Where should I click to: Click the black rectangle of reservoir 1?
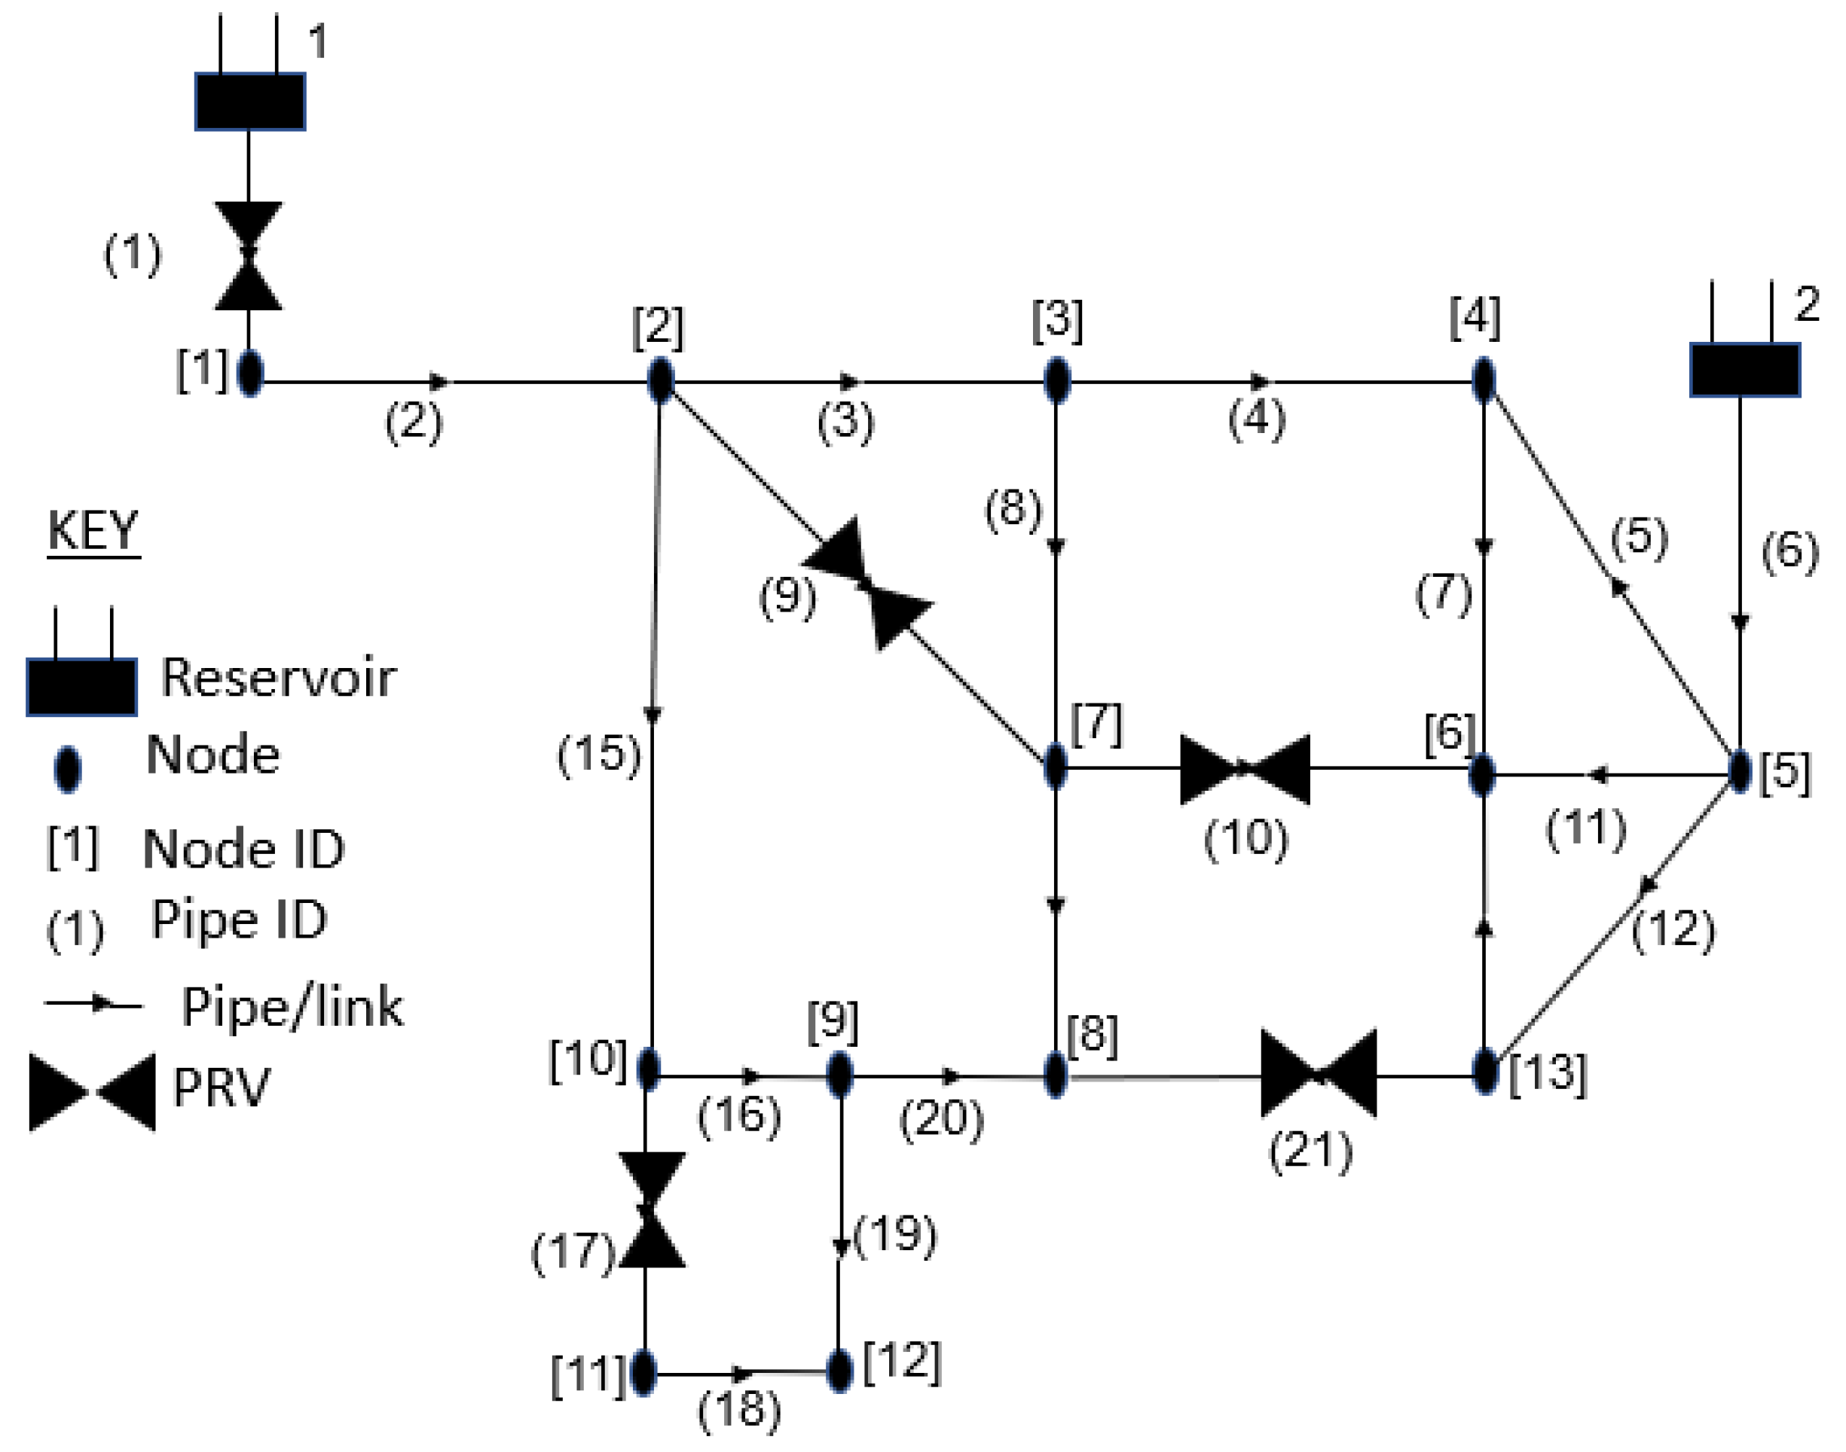(x=250, y=102)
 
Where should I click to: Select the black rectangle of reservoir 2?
(x=1744, y=370)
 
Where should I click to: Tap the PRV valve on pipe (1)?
(x=249, y=255)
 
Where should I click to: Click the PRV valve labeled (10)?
(x=1245, y=770)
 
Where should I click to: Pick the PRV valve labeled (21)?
(x=1318, y=1074)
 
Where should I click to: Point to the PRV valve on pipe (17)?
(x=651, y=1209)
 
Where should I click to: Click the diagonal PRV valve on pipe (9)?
(x=868, y=584)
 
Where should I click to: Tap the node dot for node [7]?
(x=1055, y=765)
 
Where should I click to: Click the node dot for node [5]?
(x=1740, y=771)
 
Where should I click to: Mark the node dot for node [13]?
(x=1484, y=1071)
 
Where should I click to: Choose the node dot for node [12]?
(x=839, y=1371)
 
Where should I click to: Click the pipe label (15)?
(x=598, y=753)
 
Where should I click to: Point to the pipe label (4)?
(x=1256, y=420)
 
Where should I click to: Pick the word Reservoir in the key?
(x=278, y=678)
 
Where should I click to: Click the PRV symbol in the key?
(x=92, y=1093)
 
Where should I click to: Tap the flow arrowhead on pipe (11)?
(x=1597, y=774)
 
